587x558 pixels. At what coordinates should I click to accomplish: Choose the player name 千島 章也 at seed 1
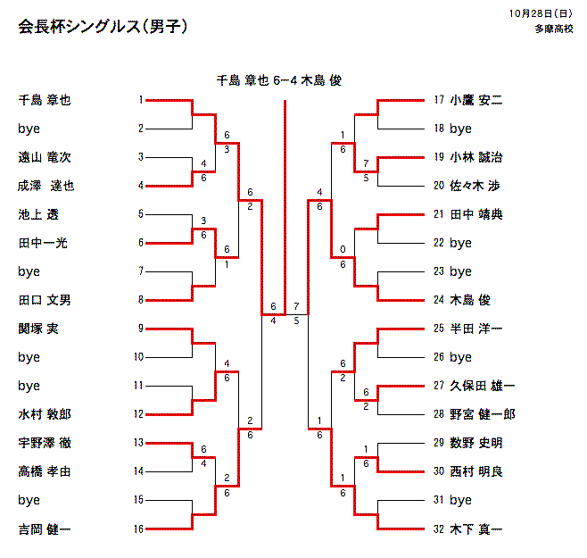(x=45, y=100)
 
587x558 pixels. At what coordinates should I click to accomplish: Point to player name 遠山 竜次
(x=45, y=157)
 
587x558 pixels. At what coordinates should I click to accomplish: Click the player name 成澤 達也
(x=46, y=186)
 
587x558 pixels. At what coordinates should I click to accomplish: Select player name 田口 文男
(x=45, y=300)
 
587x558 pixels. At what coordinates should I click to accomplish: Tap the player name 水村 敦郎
(x=45, y=414)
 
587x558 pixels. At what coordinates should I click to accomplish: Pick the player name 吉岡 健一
(x=45, y=529)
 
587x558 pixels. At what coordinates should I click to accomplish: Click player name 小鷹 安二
(x=476, y=100)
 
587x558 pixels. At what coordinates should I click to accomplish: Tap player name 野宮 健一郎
(x=482, y=414)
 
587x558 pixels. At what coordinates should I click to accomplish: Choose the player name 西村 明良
(x=476, y=471)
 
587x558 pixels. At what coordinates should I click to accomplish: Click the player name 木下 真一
(x=476, y=529)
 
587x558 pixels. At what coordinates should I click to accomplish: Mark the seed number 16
(x=138, y=529)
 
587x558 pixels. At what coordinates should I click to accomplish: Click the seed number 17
(x=438, y=100)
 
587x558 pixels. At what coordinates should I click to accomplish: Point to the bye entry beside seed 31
(x=460, y=500)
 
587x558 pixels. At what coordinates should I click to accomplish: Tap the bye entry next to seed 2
(x=29, y=129)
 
